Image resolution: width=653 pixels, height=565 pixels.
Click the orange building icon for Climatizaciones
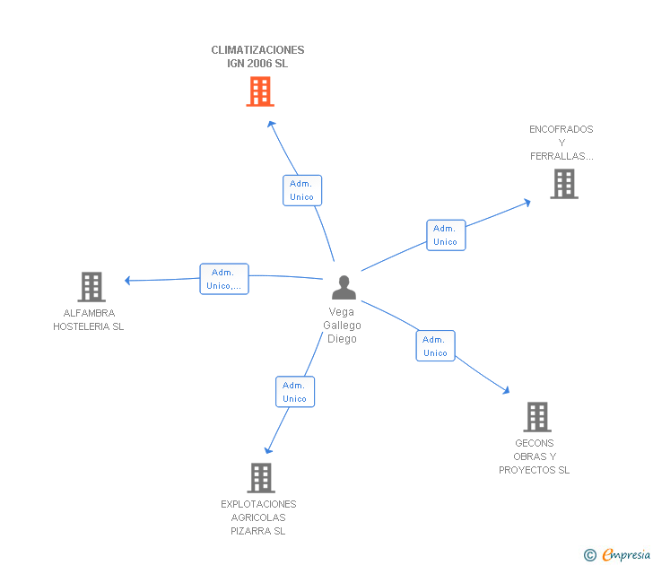tap(260, 91)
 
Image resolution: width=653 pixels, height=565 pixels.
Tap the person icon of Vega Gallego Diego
tap(344, 287)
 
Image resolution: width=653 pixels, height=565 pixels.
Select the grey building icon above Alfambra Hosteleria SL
tap(91, 287)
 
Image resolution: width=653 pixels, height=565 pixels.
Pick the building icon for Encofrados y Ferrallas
tap(564, 184)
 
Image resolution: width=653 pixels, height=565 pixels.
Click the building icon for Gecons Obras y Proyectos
tap(537, 417)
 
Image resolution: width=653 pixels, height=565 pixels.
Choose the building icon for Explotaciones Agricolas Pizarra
tap(261, 478)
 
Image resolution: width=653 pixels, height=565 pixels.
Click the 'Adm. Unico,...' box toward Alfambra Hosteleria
tap(224, 279)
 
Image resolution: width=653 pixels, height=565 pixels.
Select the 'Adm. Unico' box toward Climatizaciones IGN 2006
tap(302, 190)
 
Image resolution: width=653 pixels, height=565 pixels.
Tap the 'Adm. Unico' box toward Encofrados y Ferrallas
tap(446, 235)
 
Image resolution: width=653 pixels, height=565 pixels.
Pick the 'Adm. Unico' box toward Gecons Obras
tap(435, 346)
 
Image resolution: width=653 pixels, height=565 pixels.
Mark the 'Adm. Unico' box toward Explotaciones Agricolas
tap(295, 392)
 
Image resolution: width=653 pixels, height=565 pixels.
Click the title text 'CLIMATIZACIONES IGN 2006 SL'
tap(257, 56)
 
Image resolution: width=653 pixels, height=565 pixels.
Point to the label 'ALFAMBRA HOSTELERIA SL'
tap(88, 320)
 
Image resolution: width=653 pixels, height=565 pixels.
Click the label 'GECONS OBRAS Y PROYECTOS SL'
tap(535, 456)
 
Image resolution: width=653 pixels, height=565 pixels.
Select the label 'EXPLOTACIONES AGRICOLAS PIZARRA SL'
tap(258, 517)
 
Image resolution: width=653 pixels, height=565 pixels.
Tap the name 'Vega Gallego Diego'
tap(342, 326)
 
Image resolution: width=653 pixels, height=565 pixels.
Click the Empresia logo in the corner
tap(617, 555)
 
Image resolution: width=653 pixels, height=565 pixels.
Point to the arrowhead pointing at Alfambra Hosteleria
tap(128, 281)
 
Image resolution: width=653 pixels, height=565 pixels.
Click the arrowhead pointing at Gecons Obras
tap(506, 390)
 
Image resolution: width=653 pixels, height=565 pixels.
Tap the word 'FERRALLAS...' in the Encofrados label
tap(562, 156)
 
